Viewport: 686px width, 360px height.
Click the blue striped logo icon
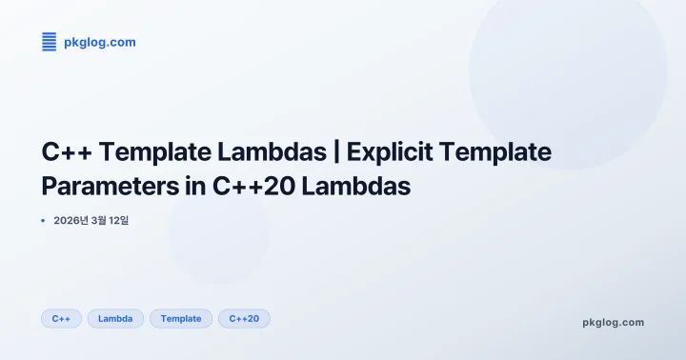(x=50, y=41)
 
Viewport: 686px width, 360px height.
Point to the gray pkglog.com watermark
(x=613, y=322)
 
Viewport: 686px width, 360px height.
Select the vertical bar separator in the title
(x=338, y=151)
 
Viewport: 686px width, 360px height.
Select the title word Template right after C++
(x=155, y=151)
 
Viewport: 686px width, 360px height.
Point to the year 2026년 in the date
(x=72, y=221)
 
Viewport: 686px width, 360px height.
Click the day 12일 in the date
(x=120, y=221)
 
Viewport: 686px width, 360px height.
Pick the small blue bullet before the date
(x=44, y=221)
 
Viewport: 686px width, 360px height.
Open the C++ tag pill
(x=61, y=318)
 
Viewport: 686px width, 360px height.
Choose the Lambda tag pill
(x=115, y=318)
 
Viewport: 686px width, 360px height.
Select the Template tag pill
(x=181, y=318)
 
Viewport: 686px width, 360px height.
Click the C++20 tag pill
(x=244, y=318)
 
